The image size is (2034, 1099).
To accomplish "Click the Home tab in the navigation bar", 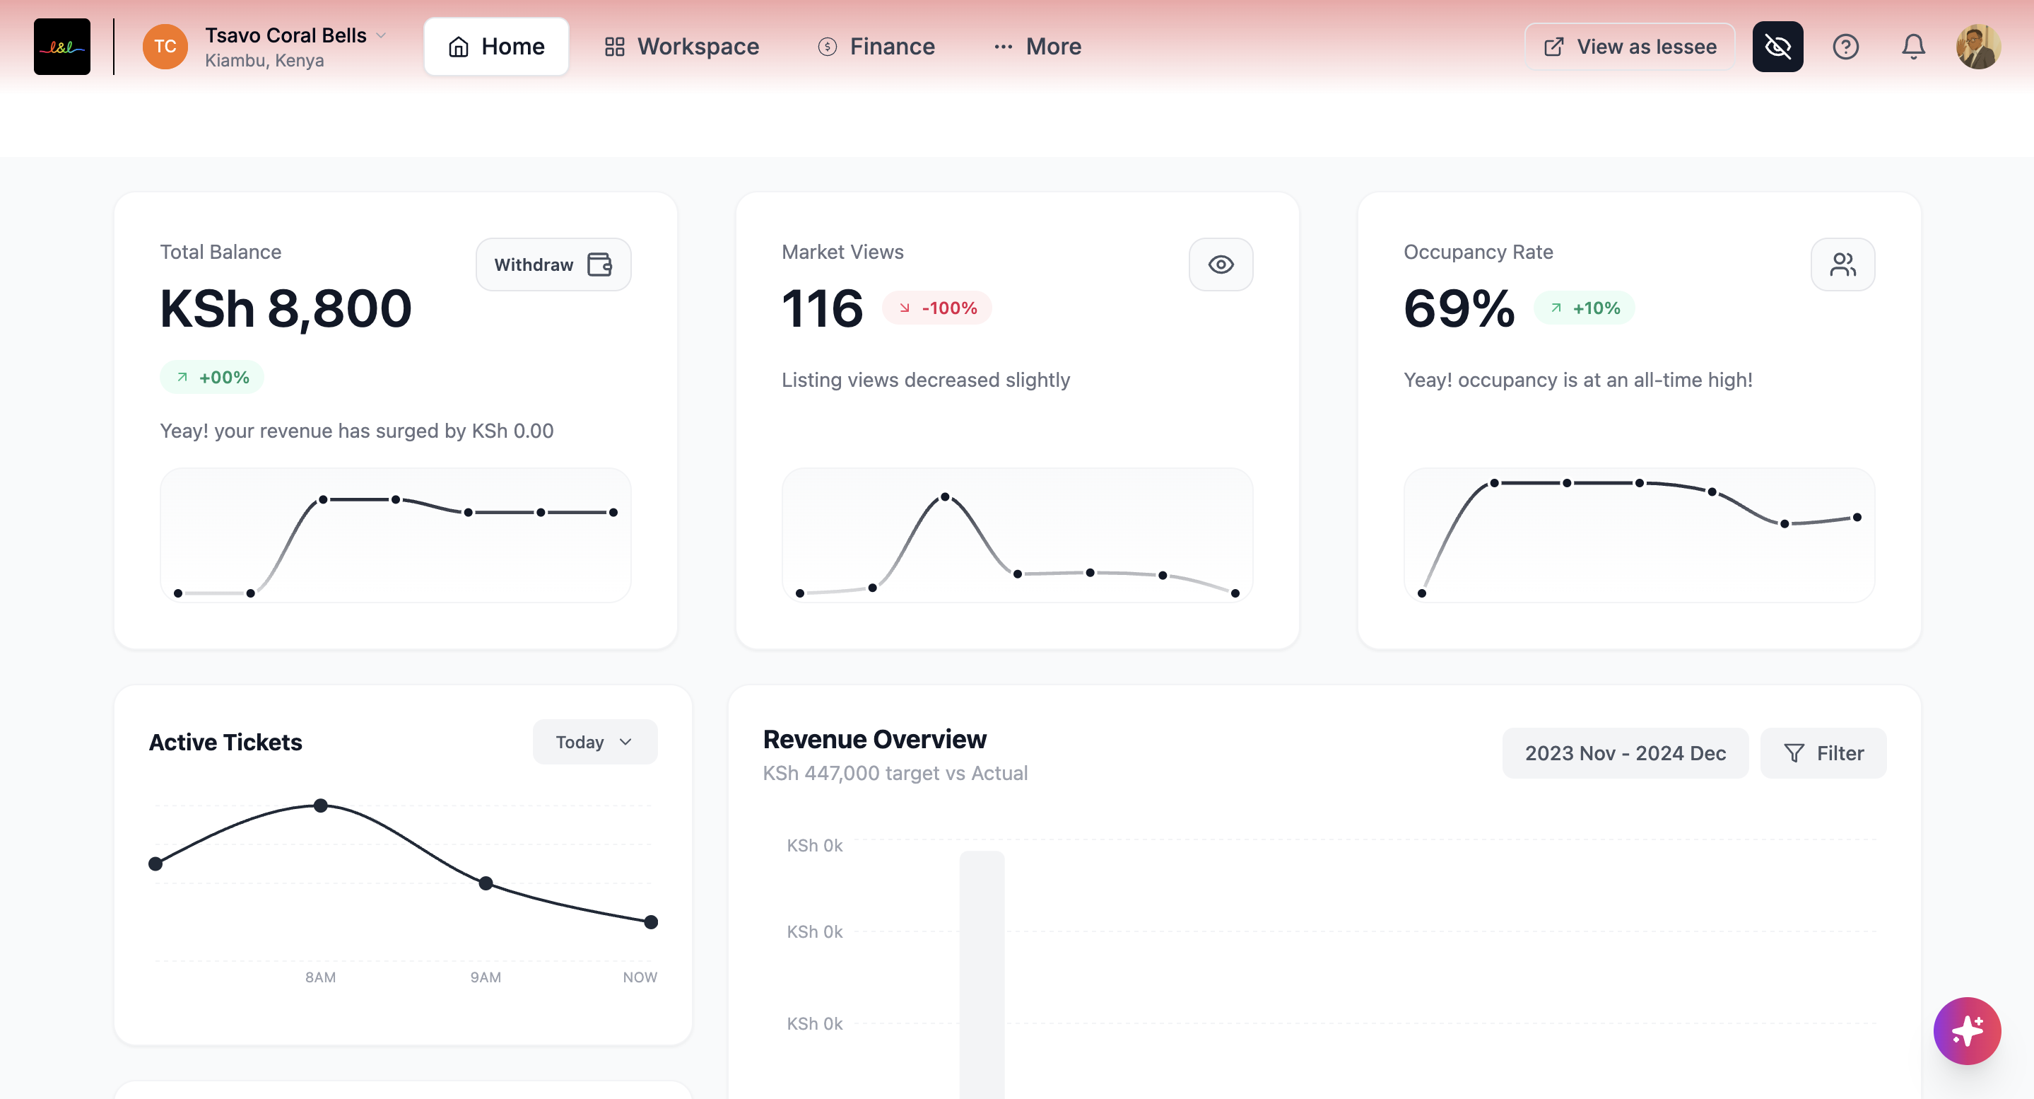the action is click(496, 47).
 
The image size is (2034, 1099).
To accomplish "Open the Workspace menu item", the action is click(681, 47).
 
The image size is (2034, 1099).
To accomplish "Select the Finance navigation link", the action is click(876, 47).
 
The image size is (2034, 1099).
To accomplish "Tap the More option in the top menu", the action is click(1037, 47).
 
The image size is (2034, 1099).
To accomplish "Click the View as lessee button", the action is click(1629, 47).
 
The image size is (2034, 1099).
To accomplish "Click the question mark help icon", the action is click(1845, 47).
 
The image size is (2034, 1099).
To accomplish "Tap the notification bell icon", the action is click(1913, 47).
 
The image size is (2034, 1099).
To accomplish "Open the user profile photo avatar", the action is click(1978, 47).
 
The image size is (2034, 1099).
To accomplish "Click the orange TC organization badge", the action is click(165, 47).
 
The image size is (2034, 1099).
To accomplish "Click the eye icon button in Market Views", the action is click(1221, 264).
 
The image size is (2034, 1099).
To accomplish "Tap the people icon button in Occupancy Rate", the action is click(1842, 264).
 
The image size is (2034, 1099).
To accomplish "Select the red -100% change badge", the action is click(937, 308).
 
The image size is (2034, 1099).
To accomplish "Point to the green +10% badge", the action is click(1585, 308).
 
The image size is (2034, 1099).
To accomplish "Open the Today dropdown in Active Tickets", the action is click(594, 742).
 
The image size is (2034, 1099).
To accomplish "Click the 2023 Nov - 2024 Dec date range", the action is click(1625, 753).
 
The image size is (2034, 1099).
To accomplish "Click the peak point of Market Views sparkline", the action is click(945, 497).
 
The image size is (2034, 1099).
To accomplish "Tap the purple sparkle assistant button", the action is click(1967, 1031).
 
